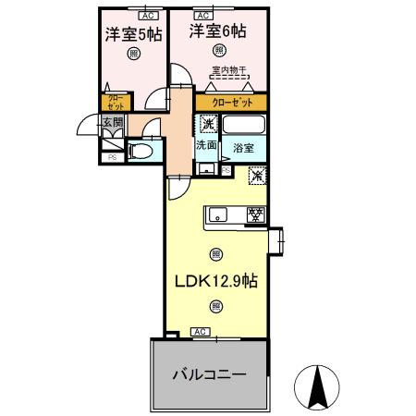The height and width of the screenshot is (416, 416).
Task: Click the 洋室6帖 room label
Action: tap(218, 31)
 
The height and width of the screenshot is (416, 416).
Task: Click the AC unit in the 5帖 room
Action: tap(148, 16)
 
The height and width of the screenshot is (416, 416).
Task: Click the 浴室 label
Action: tap(244, 148)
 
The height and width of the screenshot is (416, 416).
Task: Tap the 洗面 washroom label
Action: tap(205, 145)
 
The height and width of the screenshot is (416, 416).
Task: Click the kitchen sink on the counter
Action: tap(219, 214)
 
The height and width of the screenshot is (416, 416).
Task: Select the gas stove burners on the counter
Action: tap(255, 214)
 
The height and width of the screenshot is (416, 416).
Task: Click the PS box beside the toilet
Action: tap(113, 158)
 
